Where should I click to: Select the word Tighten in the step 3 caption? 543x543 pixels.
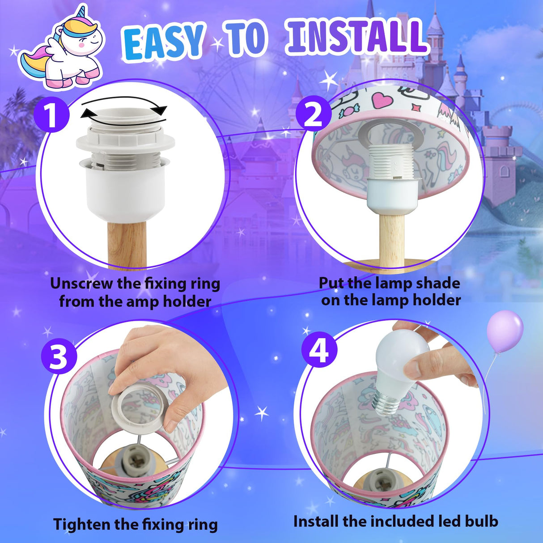81,524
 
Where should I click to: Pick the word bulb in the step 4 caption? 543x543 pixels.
479,521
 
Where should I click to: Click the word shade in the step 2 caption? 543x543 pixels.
436,283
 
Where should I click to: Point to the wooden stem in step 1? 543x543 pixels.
127,244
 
